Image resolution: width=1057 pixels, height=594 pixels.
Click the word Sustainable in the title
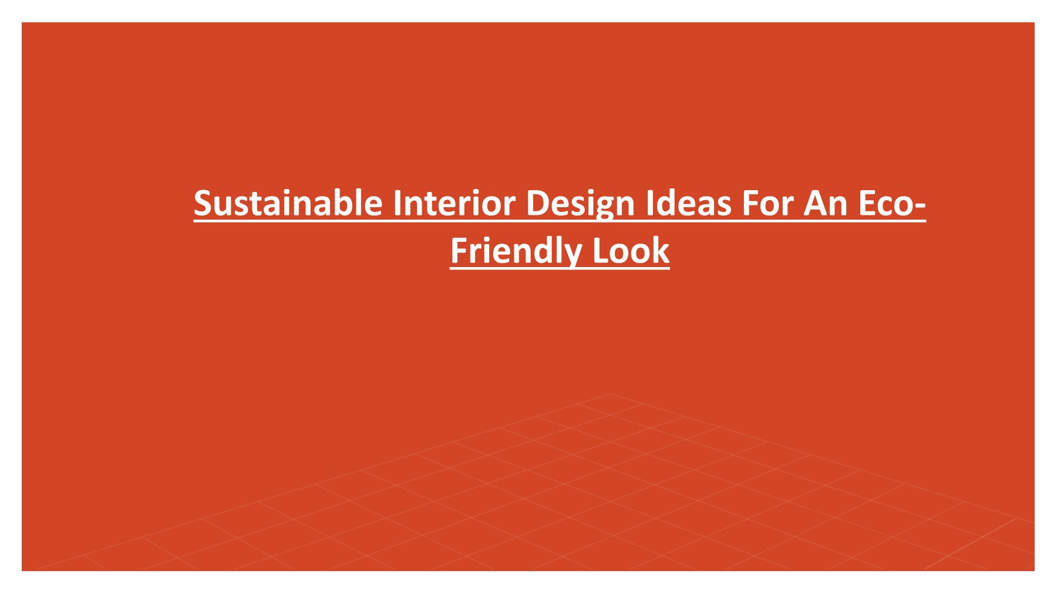click(288, 203)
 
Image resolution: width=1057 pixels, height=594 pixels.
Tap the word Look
click(631, 251)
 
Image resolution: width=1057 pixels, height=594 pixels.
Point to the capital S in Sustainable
click(203, 203)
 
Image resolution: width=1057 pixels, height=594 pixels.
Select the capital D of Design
click(537, 203)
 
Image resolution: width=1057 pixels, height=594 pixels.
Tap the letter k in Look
click(661, 251)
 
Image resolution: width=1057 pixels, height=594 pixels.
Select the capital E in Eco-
click(867, 203)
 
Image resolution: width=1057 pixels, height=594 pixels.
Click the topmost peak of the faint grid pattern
click(610, 394)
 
